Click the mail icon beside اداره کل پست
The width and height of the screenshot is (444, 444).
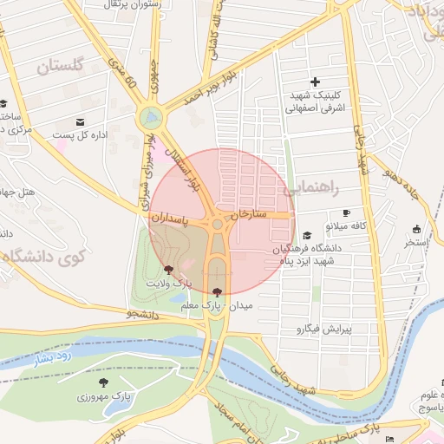click(81, 121)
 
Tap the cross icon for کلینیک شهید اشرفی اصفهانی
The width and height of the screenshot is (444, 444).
click(315, 81)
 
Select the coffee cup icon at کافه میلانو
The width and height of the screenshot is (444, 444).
click(347, 212)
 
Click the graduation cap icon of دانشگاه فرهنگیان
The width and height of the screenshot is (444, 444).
click(306, 236)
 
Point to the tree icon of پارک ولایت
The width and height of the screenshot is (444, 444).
click(168, 270)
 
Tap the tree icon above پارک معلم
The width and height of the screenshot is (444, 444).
click(216, 292)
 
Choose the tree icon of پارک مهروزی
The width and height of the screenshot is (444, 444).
click(103, 382)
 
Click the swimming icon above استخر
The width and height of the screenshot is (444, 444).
click(416, 229)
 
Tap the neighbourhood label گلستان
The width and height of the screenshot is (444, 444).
click(60, 66)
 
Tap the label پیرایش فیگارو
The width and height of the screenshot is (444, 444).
click(322, 330)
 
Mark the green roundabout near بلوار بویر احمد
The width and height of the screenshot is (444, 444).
click(151, 116)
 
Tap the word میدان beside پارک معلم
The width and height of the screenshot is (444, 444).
click(239, 307)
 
